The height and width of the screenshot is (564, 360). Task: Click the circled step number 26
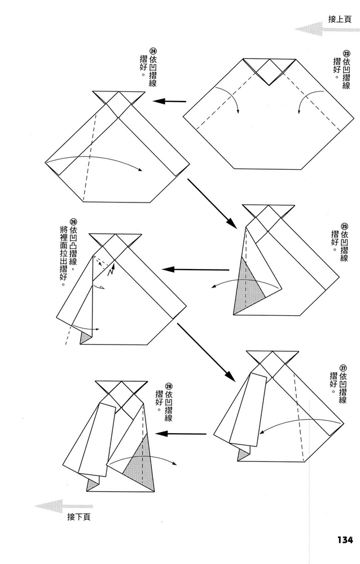(x=73, y=222)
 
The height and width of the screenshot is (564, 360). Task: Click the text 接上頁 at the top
(x=340, y=19)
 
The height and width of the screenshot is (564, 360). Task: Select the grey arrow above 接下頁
(x=56, y=506)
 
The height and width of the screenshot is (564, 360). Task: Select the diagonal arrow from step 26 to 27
(x=205, y=351)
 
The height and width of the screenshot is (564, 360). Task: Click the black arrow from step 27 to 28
(x=181, y=434)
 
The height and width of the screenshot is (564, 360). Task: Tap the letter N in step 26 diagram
(x=111, y=272)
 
